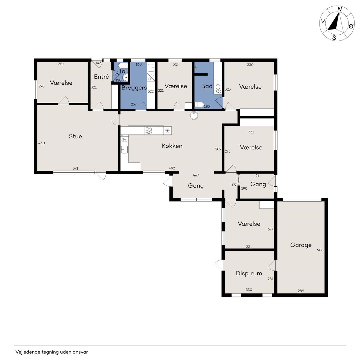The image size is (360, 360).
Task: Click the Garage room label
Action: pyautogui.click(x=301, y=245)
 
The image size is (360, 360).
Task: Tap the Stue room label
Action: pyautogui.click(x=75, y=136)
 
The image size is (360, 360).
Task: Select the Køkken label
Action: pyautogui.click(x=172, y=146)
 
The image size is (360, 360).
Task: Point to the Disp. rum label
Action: pyautogui.click(x=249, y=273)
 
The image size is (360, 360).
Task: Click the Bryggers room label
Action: pyautogui.click(x=134, y=88)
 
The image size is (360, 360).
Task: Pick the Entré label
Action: pyautogui.click(x=101, y=76)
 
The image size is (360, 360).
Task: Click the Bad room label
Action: pyautogui.click(x=207, y=86)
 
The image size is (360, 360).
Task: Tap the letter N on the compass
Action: pyautogui.click(x=340, y=9)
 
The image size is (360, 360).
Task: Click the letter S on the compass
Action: pyautogui.click(x=334, y=38)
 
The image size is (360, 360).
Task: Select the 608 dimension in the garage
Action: pyautogui.click(x=320, y=250)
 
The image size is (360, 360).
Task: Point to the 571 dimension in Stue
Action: pyautogui.click(x=75, y=168)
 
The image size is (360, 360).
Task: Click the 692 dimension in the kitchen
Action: pyautogui.click(x=172, y=168)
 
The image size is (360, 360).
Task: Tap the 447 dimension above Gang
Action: pyautogui.click(x=196, y=175)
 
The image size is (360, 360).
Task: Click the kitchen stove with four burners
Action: pyautogui.click(x=149, y=130)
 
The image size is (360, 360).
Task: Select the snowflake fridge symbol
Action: pyautogui.click(x=167, y=130)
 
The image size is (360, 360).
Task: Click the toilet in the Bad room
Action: pyautogui.click(x=199, y=105)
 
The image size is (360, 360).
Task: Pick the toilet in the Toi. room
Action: pyautogui.click(x=123, y=66)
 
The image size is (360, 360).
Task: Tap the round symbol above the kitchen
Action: pyautogui.click(x=194, y=115)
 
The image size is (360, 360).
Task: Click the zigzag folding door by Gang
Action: pyautogui.click(x=238, y=179)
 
